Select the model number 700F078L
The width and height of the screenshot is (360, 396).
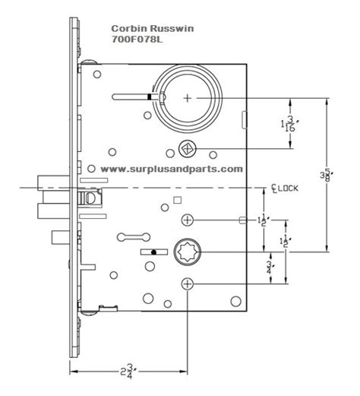128,38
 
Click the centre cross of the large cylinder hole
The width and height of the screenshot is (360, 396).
188,97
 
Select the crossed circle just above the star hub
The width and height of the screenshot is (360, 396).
187,220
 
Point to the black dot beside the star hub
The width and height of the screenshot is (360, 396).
154,251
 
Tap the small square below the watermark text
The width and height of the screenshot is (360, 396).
177,199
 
